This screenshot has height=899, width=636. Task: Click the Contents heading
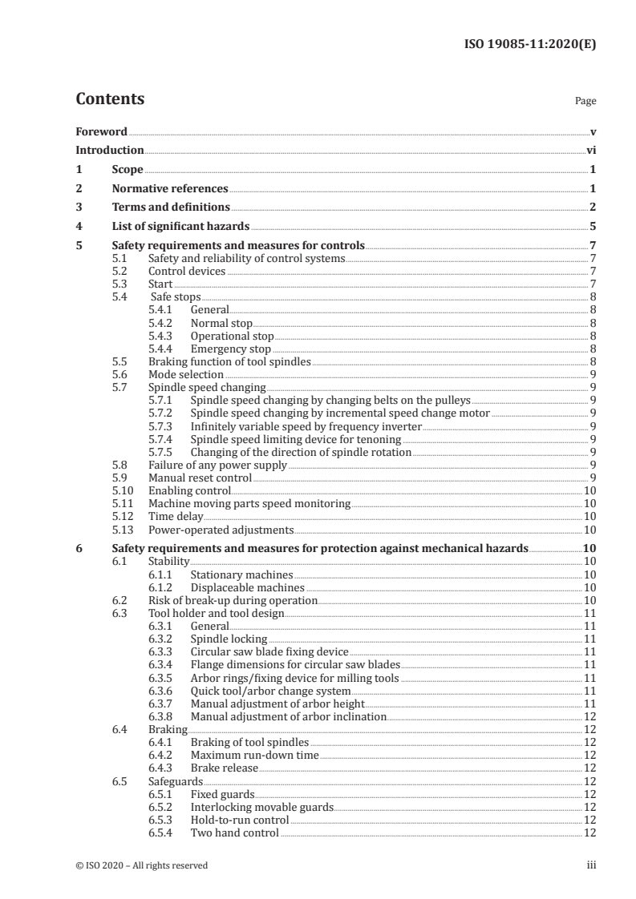click(x=110, y=99)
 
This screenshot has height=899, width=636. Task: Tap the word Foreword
click(x=101, y=131)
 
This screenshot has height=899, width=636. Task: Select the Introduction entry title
click(x=110, y=150)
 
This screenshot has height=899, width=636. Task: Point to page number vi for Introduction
click(x=590, y=150)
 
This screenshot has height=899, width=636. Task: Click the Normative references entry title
click(x=170, y=189)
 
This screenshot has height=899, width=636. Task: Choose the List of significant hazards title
click(x=181, y=227)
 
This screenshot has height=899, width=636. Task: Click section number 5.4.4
click(x=163, y=349)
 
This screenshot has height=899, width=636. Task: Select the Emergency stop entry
click(x=230, y=349)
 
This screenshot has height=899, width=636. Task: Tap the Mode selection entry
click(x=186, y=374)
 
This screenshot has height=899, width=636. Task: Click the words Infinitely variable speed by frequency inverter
click(x=306, y=426)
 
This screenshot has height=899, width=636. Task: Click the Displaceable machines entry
click(x=241, y=587)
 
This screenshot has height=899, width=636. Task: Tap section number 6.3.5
click(x=163, y=678)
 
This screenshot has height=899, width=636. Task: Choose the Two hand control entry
click(x=234, y=832)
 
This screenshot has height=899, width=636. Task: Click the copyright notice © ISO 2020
click(x=142, y=865)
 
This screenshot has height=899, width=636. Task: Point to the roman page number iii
click(x=591, y=865)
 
